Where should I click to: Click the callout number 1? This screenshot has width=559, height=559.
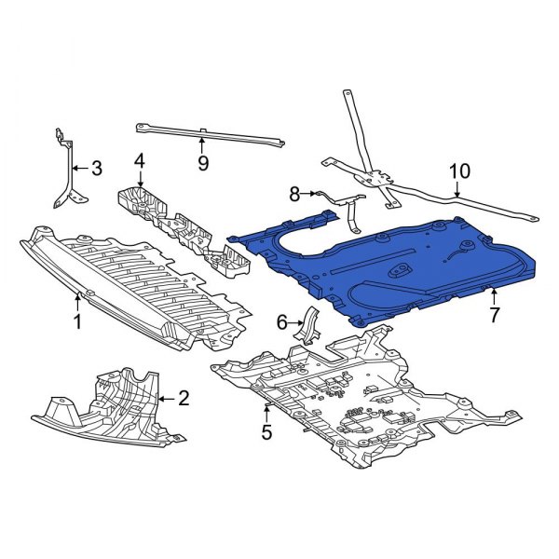[78, 322]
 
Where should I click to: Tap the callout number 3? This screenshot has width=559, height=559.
[97, 169]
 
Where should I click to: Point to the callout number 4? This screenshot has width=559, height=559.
[139, 162]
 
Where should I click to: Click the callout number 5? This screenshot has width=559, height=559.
[266, 432]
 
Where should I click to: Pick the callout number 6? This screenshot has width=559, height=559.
[281, 321]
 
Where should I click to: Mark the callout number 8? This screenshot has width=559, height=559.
[294, 194]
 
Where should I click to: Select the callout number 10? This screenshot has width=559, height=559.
[460, 172]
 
